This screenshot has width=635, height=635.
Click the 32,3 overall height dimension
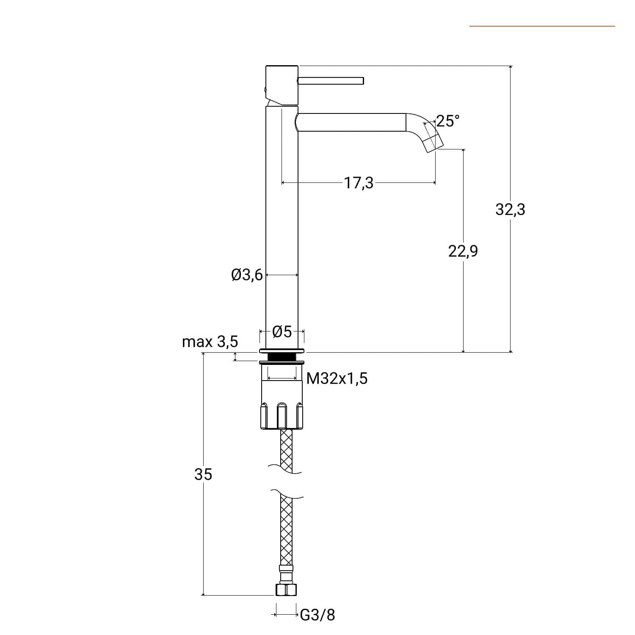(x=510, y=209)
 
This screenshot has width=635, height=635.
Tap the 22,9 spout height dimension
(x=463, y=251)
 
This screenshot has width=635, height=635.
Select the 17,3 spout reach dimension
(x=359, y=183)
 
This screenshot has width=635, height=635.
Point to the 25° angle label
(x=447, y=121)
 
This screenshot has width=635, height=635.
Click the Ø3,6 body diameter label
(x=247, y=275)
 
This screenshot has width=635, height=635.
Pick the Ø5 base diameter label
(x=282, y=331)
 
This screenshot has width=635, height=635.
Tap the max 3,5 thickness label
(x=210, y=342)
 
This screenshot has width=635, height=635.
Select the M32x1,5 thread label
(x=337, y=378)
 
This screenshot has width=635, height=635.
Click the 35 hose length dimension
(x=203, y=475)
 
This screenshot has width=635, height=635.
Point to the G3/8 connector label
(x=317, y=615)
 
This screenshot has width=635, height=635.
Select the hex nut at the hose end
(x=286, y=590)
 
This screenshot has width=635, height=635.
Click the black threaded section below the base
(x=282, y=357)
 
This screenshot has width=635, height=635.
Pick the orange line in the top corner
(x=542, y=26)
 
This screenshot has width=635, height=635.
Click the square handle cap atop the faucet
(x=282, y=86)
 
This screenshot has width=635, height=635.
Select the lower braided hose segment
(x=287, y=530)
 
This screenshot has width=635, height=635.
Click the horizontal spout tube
(x=351, y=122)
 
